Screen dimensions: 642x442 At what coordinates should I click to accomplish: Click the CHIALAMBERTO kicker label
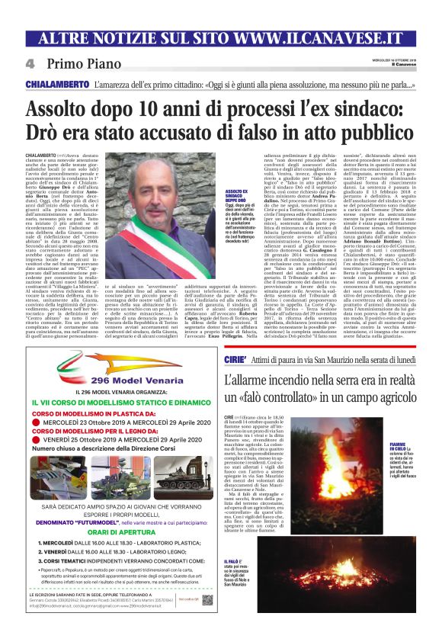57,84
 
